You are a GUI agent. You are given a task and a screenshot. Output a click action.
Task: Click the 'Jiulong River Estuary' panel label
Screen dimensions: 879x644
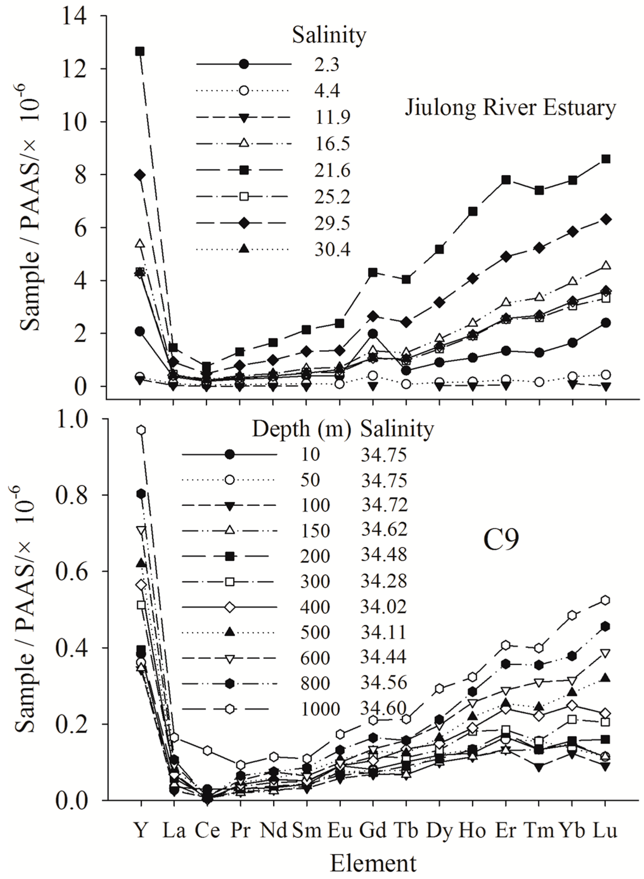510,108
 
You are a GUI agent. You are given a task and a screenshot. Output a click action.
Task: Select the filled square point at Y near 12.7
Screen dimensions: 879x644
140,51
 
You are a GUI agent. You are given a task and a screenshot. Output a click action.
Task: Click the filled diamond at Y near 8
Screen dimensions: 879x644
140,175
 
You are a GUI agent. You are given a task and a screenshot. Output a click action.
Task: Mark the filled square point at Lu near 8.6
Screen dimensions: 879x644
605,159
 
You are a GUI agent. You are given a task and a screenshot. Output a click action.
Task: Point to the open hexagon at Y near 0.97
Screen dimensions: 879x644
141,430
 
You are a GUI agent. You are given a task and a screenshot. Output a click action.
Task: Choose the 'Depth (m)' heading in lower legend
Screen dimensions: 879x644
301,429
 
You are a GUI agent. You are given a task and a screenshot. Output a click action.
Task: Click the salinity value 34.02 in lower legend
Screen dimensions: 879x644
384,607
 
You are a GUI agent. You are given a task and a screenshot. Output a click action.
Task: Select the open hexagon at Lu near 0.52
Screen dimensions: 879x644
605,600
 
